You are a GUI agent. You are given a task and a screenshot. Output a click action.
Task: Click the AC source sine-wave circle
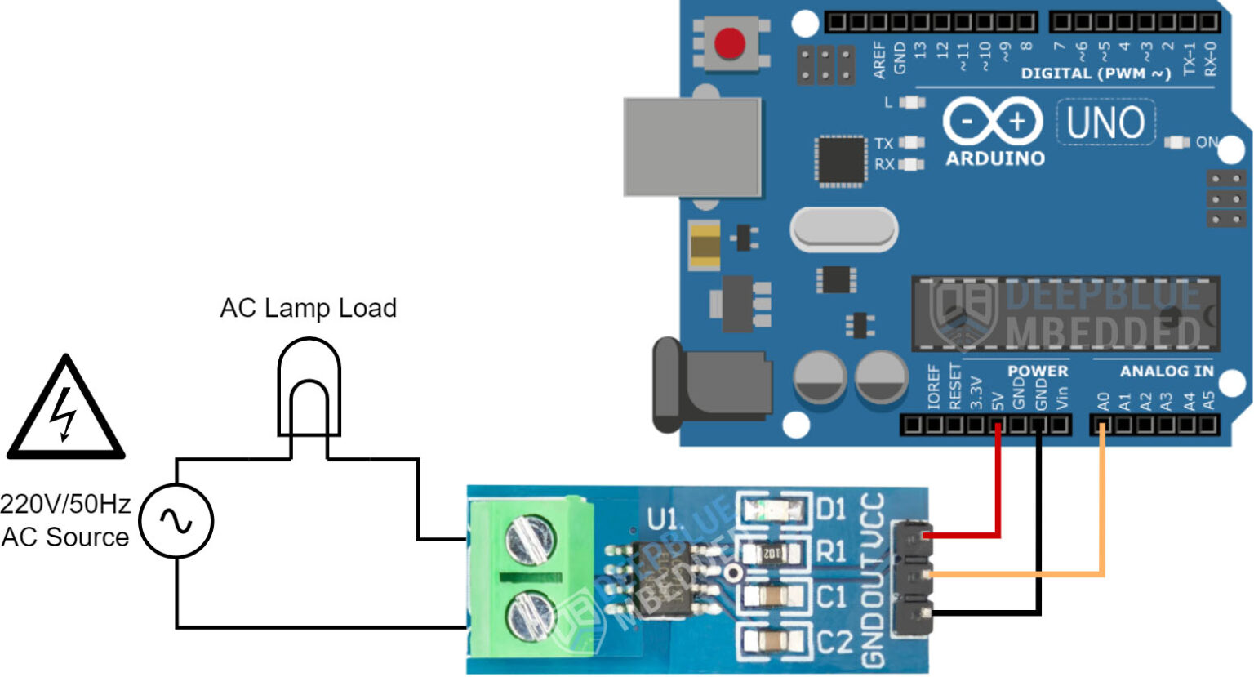176,520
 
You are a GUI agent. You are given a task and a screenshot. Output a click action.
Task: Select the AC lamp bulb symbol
309,387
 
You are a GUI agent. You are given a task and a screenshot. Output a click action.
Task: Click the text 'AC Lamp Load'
308,308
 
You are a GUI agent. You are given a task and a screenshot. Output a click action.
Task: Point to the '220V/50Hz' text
65,504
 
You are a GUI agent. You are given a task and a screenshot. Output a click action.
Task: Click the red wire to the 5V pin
998,490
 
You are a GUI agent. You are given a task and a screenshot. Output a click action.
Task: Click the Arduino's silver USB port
692,147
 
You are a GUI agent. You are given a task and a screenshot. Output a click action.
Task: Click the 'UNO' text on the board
1105,123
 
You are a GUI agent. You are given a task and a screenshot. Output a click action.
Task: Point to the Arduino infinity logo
993,122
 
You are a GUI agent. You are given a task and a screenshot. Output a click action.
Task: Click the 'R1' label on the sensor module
831,552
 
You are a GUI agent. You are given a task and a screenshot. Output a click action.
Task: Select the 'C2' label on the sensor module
833,642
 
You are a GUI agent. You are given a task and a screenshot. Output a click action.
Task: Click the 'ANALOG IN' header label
1166,372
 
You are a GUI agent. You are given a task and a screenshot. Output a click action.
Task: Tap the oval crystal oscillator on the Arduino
843,229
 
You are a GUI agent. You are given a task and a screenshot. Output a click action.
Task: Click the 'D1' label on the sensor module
831,510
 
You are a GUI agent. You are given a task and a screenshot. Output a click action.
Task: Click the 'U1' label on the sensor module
662,519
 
